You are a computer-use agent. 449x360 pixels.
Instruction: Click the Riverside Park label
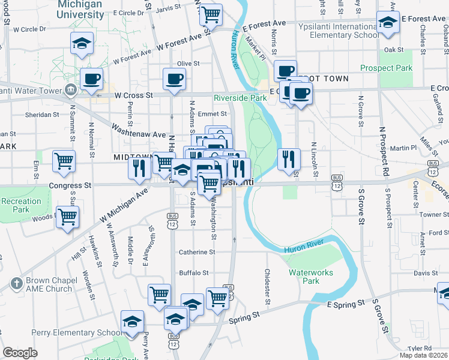point(240,97)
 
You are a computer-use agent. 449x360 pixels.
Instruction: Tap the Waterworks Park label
point(310,276)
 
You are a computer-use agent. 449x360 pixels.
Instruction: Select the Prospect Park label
point(387,68)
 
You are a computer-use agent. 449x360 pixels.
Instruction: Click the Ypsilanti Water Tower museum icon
point(71,91)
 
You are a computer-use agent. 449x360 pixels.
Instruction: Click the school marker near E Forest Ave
point(388,23)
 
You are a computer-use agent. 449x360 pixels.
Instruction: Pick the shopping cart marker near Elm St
point(64,161)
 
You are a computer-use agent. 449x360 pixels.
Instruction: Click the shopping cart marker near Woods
point(67,217)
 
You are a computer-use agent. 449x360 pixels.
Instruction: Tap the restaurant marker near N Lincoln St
point(289,158)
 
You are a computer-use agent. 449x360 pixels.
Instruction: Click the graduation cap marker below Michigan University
point(82,44)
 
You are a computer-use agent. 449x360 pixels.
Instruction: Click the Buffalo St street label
point(193,272)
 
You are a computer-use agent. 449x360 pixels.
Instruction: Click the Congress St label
point(70,185)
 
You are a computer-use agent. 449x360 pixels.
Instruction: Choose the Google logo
point(20,353)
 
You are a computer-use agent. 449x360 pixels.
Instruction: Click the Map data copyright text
point(423,355)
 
